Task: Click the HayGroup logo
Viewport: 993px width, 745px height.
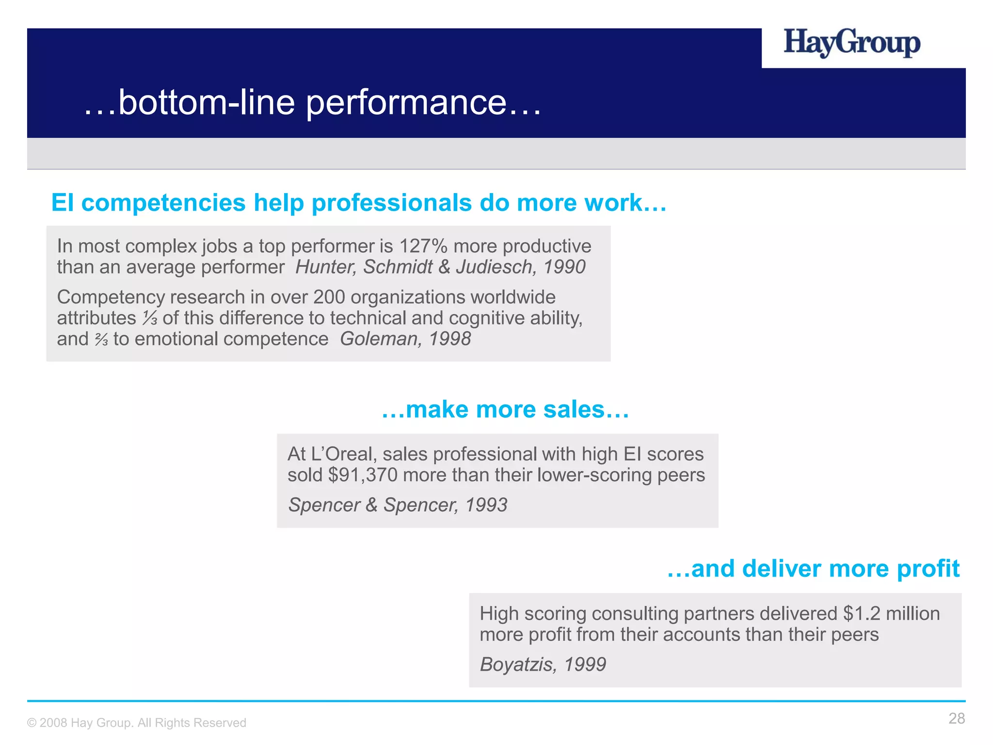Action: pyautogui.click(x=851, y=43)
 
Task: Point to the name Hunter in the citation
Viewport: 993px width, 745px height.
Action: pyautogui.click(x=325, y=267)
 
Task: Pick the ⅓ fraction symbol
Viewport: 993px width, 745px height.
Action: pyautogui.click(x=150, y=319)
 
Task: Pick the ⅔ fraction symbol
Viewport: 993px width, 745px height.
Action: pyautogui.click(x=101, y=340)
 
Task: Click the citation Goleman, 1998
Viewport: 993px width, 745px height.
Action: pyautogui.click(x=405, y=339)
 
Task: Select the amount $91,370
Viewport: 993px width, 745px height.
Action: pyautogui.click(x=363, y=475)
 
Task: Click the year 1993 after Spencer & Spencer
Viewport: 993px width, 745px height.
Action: pyautogui.click(x=486, y=505)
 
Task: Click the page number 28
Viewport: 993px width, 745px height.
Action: pyautogui.click(x=956, y=719)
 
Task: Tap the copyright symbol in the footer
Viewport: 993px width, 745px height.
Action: pyautogui.click(x=32, y=723)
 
